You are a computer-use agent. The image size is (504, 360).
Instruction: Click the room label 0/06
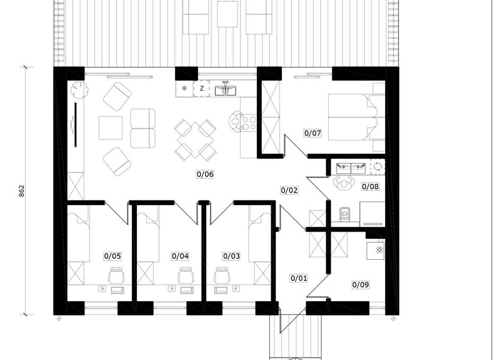205,174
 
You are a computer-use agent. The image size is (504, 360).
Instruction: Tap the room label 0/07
313,133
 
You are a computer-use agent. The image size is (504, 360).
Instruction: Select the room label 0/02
289,190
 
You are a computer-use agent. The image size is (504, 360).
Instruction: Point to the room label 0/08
370,187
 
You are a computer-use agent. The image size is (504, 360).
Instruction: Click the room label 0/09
361,284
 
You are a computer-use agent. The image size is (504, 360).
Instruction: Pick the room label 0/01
299,278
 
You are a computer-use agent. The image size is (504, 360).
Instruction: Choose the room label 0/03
232,256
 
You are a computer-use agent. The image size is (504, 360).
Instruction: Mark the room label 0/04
180,256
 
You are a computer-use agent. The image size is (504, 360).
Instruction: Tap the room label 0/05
113,256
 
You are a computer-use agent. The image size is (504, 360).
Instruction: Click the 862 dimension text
22,191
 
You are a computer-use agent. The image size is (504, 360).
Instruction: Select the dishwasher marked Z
202,89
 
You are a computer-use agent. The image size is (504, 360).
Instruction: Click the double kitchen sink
226,89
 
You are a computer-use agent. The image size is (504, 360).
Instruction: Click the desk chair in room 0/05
116,275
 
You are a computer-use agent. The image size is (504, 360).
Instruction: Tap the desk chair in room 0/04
186,275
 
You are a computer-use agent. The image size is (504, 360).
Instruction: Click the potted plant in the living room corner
79,89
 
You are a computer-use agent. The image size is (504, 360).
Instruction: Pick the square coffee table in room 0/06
110,128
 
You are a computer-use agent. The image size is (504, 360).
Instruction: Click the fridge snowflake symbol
185,88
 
